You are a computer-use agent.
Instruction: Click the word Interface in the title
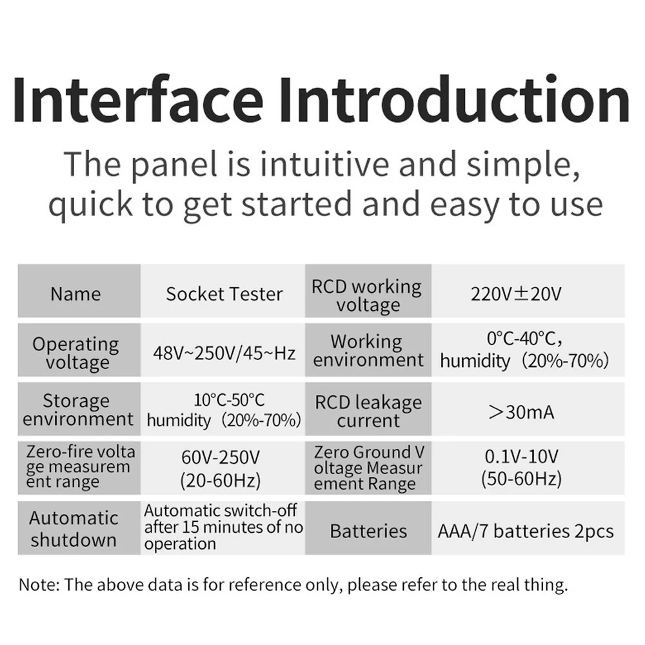tap(138, 99)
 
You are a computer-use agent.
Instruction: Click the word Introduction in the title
tap(453, 99)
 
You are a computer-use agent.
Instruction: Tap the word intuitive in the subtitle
tap(324, 164)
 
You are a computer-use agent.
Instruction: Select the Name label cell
tap(79, 291)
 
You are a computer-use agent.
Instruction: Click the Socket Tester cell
tap(223, 291)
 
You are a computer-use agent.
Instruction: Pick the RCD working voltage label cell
tap(368, 291)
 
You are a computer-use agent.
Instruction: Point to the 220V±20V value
tap(516, 294)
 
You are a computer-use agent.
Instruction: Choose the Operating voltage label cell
tap(79, 350)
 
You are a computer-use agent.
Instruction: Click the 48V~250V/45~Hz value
tap(224, 353)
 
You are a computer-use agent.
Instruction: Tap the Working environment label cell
tap(368, 350)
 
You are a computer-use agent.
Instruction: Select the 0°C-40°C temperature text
tap(524, 339)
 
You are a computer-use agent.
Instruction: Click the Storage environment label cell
tap(79, 409)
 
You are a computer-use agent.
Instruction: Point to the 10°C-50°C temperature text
tap(229, 400)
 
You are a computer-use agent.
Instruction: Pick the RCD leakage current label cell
tap(368, 409)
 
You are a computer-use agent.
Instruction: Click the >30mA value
tap(521, 412)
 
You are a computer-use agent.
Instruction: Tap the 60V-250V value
tap(221, 457)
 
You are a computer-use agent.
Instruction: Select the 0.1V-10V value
tap(521, 456)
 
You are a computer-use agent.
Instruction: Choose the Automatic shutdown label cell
tap(79, 528)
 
